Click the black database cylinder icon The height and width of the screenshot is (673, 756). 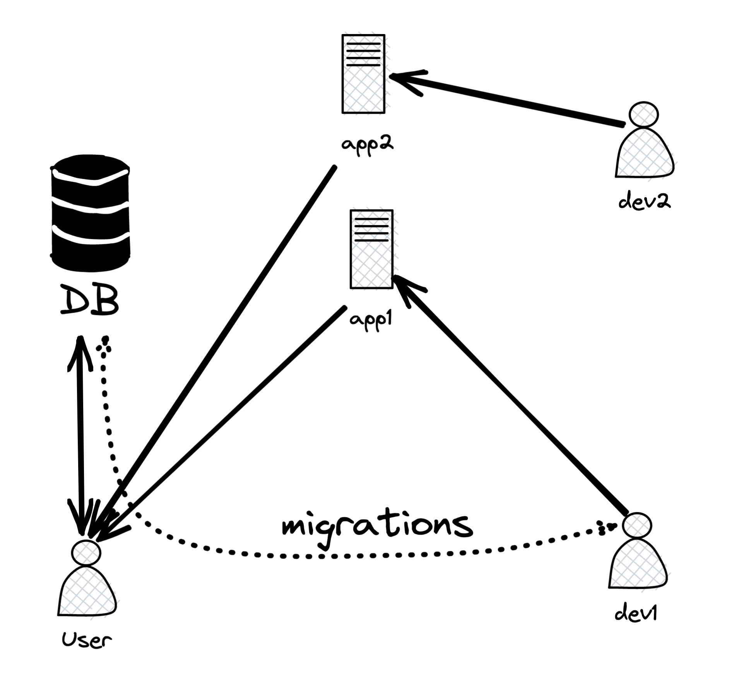pos(90,213)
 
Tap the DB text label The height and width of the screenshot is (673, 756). pos(89,301)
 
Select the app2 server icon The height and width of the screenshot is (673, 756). pos(363,74)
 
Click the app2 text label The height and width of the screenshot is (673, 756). pos(367,145)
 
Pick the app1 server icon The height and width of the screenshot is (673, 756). pos(371,249)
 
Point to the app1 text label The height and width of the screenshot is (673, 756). pos(371,319)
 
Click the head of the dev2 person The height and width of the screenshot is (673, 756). pos(644,114)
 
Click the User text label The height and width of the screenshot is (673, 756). pos(87,640)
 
